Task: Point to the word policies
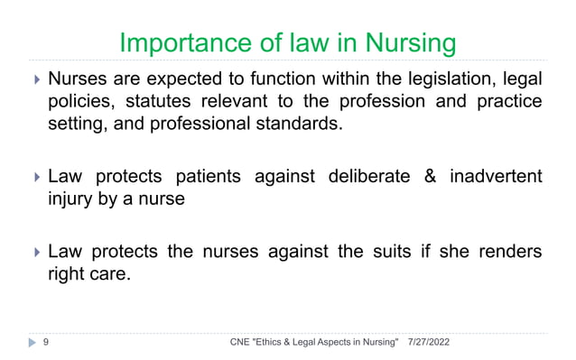(79, 101)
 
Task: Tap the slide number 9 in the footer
(45, 342)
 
